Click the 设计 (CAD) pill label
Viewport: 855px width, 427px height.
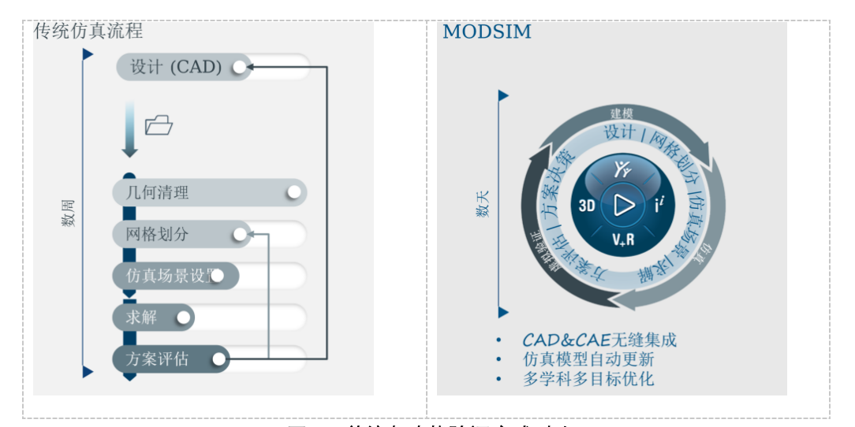click(x=176, y=67)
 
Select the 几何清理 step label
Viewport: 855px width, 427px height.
click(x=158, y=192)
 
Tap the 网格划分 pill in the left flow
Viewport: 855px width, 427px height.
click(x=158, y=234)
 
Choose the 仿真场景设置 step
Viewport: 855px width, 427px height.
click(x=168, y=276)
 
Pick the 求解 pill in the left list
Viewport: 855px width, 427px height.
click(x=142, y=317)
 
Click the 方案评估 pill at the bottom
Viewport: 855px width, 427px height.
click(x=158, y=359)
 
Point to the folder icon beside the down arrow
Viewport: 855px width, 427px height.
click(x=159, y=124)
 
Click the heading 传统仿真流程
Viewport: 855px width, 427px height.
click(x=88, y=31)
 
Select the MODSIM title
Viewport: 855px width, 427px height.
click(x=487, y=32)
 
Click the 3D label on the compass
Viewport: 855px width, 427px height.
click(x=587, y=206)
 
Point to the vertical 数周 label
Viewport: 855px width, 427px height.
click(x=69, y=213)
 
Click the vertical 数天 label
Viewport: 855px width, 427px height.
click(x=482, y=204)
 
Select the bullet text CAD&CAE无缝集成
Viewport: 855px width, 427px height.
click(x=599, y=340)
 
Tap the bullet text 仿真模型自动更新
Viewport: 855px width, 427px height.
click(x=588, y=359)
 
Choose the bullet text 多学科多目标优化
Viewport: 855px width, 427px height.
click(x=588, y=378)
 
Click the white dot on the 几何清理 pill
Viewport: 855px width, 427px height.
click(x=294, y=192)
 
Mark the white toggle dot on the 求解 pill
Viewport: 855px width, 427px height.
click(x=183, y=317)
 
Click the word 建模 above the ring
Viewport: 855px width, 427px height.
click(x=622, y=114)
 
